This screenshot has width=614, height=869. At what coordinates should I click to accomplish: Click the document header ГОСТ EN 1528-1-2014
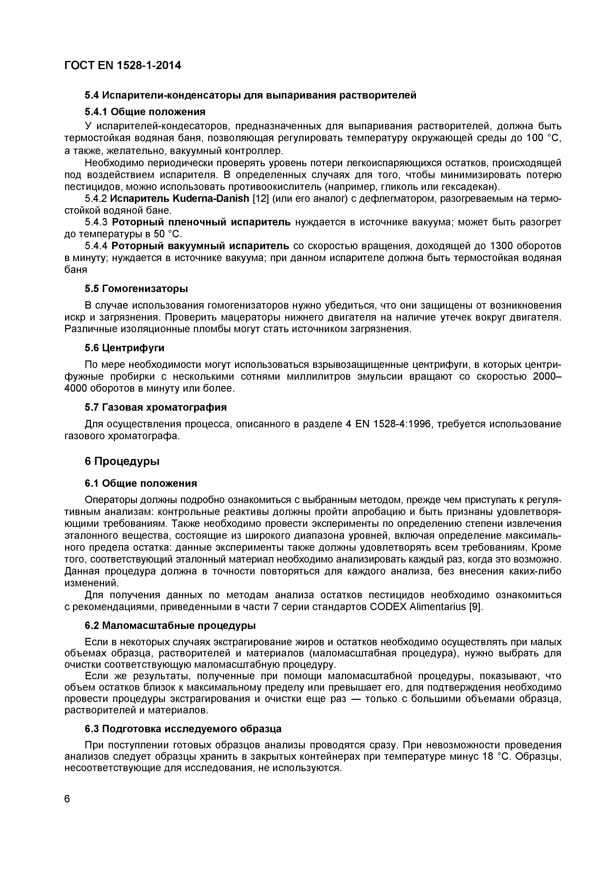point(123,65)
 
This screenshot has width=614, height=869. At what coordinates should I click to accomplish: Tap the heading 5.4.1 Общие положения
point(145,112)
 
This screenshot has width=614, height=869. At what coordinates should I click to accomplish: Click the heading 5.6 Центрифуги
point(125,348)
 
